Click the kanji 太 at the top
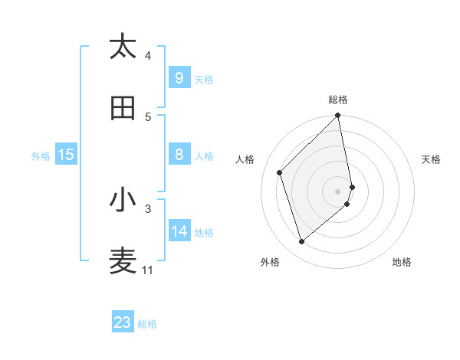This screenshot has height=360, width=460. [x=123, y=47]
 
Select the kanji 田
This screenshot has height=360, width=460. [x=123, y=108]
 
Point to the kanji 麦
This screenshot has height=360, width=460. [x=123, y=261]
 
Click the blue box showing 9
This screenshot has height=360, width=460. [x=179, y=77]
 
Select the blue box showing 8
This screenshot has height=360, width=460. [x=179, y=155]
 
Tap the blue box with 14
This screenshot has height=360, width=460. [x=179, y=231]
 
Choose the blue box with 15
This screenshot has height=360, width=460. [x=66, y=155]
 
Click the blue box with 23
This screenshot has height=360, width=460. [x=123, y=322]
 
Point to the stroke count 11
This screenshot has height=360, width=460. [x=147, y=270]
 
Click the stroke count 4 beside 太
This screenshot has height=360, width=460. [x=148, y=55]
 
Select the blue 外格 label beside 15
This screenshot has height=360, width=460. [x=41, y=156]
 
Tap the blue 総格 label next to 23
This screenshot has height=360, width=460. [x=147, y=324]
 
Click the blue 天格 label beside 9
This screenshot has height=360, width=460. [x=203, y=80]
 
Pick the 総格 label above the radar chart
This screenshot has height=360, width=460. [x=338, y=100]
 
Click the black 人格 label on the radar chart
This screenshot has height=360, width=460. [x=245, y=159]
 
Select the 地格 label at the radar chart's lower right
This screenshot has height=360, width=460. [x=402, y=262]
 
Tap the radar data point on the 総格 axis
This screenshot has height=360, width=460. [x=338, y=116]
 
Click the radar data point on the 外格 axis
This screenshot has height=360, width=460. [x=301, y=242]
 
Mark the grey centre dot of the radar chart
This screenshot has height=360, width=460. [x=338, y=191]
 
